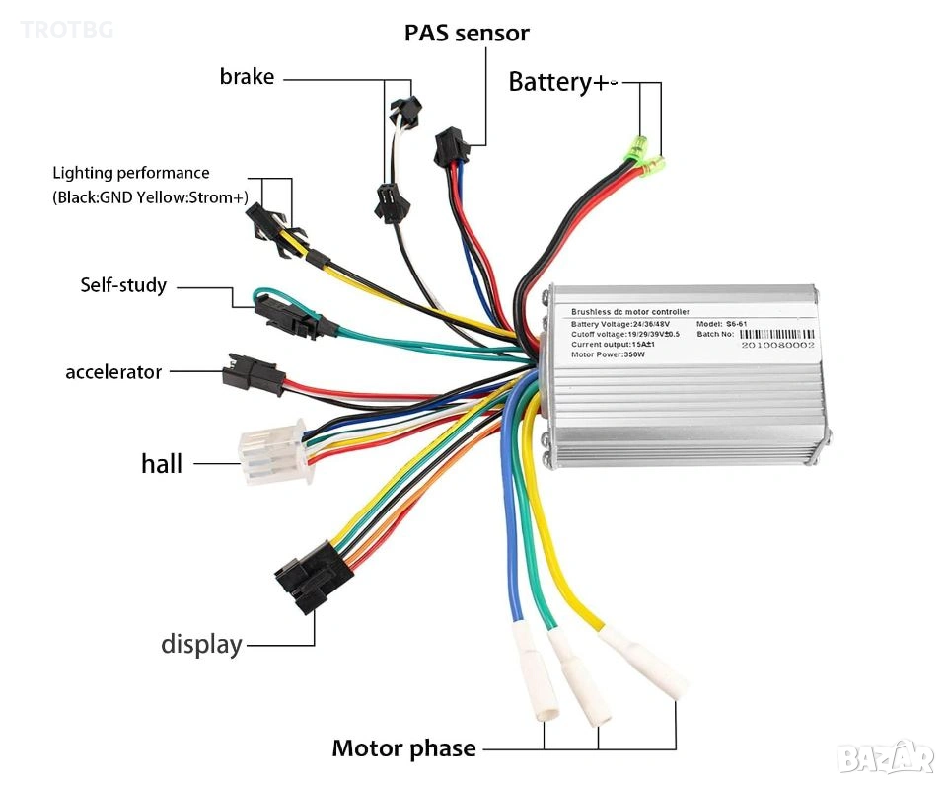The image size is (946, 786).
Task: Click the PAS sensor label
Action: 467,33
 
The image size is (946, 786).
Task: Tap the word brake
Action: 247,76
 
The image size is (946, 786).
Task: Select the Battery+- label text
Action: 562,82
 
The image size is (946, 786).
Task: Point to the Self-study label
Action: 123,285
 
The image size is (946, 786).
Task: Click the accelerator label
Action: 113,372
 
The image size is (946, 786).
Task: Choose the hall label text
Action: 162,463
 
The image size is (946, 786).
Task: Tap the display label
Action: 201,645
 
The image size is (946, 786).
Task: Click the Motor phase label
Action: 403,748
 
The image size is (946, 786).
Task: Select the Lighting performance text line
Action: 131,173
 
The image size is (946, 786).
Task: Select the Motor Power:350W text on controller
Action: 608,354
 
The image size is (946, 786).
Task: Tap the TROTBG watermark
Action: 66,29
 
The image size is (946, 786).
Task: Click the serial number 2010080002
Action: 773,347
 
